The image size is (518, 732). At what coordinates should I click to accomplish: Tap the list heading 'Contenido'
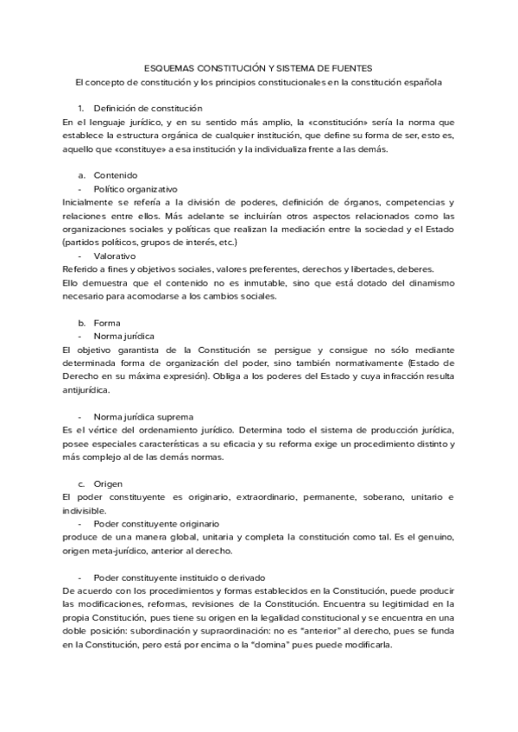coord(115,175)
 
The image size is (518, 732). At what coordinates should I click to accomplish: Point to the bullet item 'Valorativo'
coord(114,256)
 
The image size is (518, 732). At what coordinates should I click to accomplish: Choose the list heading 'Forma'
coord(107,322)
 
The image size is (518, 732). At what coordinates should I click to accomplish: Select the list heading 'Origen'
coord(109,483)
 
